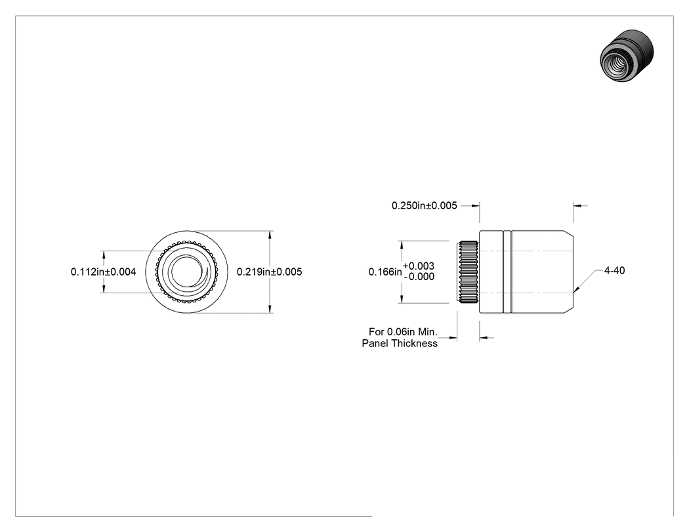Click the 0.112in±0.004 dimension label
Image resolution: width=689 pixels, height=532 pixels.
(103, 272)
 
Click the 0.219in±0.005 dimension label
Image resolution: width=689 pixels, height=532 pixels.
(269, 272)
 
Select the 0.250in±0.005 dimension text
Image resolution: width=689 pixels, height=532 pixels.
(425, 205)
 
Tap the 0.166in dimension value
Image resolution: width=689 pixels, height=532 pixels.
(385, 272)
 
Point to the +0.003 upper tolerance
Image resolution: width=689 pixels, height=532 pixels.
(419, 266)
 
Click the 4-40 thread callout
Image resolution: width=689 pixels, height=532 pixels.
(614, 271)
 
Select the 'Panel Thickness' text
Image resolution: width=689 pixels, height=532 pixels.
(400, 344)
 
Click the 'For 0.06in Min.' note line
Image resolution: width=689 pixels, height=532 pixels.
(404, 332)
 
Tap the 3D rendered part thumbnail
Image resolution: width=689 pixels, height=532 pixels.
(627, 55)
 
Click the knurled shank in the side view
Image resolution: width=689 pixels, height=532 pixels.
(469, 272)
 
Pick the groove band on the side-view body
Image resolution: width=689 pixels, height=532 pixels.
(507, 272)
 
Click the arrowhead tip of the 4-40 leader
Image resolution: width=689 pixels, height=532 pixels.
(574, 292)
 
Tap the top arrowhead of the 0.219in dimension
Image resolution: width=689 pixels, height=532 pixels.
(270, 232)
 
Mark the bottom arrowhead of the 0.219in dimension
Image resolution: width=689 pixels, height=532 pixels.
(270, 313)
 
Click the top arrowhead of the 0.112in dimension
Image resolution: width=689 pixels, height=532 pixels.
(104, 252)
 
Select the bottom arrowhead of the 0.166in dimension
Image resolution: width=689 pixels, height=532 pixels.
(402, 302)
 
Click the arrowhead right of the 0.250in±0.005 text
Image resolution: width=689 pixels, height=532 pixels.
(478, 205)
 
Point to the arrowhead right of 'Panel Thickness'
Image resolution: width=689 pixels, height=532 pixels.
(457, 338)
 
